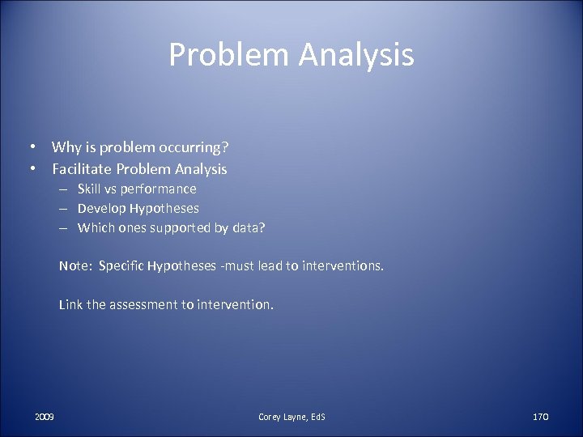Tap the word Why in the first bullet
66,147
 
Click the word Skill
91,189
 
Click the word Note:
74,266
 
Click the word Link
69,306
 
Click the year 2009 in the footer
45,416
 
